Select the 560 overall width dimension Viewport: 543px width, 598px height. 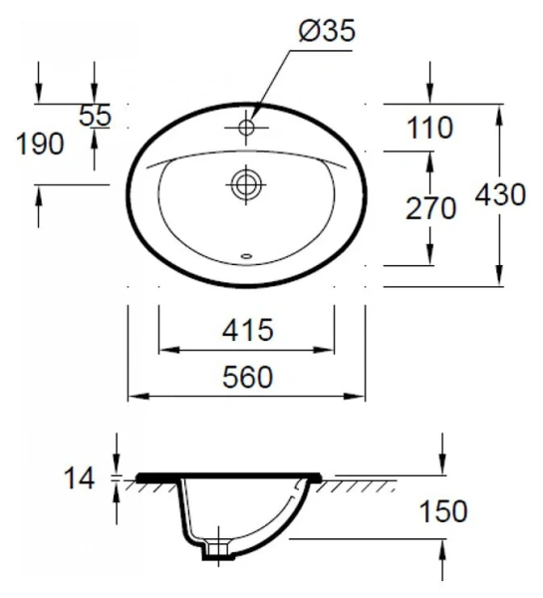[x=246, y=377]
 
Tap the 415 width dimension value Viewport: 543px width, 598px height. [x=246, y=329]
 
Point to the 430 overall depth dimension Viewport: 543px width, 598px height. [x=500, y=195]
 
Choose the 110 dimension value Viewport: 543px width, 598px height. [x=429, y=128]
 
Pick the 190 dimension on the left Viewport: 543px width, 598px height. [x=40, y=144]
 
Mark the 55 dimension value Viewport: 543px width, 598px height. [x=96, y=116]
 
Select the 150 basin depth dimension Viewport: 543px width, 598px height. [x=442, y=512]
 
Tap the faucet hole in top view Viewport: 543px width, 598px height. [x=246, y=128]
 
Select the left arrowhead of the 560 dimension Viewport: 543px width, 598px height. [x=134, y=398]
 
